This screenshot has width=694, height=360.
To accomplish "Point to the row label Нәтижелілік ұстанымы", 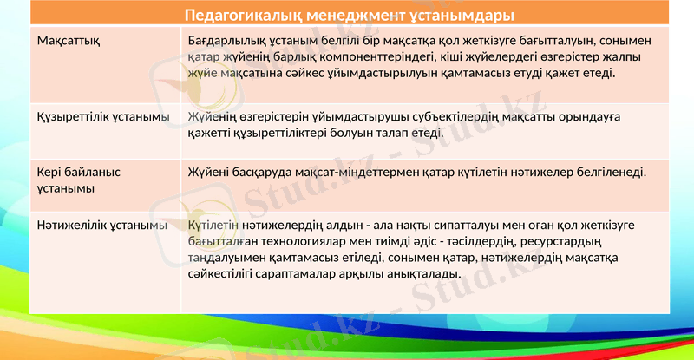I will tap(101, 226).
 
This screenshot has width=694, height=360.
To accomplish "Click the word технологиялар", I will tap(297, 241).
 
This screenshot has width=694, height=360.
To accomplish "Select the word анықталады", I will tap(420, 275).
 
